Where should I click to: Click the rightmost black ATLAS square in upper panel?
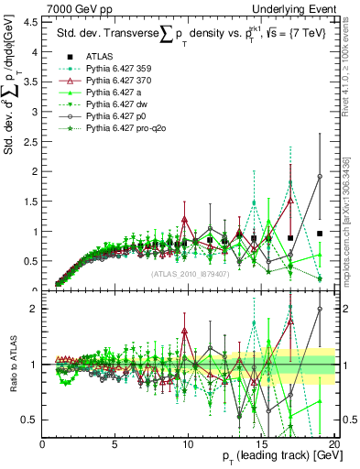[x=320, y=234]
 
